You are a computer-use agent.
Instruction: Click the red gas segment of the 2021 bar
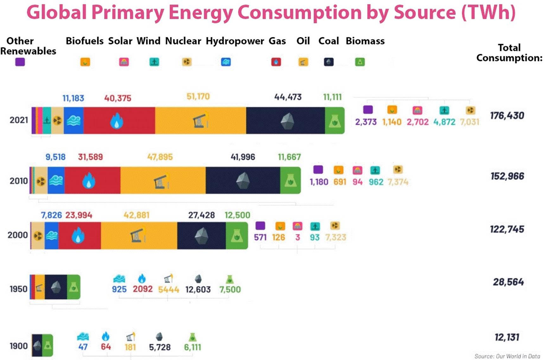pyautogui.click(x=119, y=121)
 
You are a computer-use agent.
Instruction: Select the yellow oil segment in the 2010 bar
pyautogui.click(x=163, y=180)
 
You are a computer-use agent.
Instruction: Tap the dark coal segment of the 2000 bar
pyautogui.click(x=201, y=236)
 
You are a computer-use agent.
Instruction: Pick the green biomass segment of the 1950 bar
pyautogui.click(x=73, y=287)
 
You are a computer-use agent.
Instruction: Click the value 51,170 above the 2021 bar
pyautogui.click(x=198, y=97)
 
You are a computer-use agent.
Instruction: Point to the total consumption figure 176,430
pyautogui.click(x=507, y=116)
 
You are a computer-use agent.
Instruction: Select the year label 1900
pyautogui.click(x=19, y=346)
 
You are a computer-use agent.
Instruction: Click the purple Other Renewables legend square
pyautogui.click(x=20, y=62)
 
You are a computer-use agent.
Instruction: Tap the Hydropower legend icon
pyautogui.click(x=226, y=62)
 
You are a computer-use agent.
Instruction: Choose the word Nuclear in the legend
pyautogui.click(x=183, y=41)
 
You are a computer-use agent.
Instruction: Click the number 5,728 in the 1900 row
pyautogui.click(x=160, y=347)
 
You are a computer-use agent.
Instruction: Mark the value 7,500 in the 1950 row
pyautogui.click(x=230, y=289)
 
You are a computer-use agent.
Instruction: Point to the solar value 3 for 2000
pyautogui.click(x=297, y=237)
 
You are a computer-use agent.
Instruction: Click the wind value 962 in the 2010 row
pyautogui.click(x=376, y=182)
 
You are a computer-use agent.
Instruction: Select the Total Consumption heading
pyautogui.click(x=509, y=53)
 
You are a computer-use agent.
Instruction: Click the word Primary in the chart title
pyautogui.click(x=128, y=13)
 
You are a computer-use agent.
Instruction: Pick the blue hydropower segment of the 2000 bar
pyautogui.click(x=52, y=236)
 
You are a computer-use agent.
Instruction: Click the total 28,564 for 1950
pyautogui.click(x=508, y=282)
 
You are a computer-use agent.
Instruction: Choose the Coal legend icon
pyautogui.click(x=329, y=62)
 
